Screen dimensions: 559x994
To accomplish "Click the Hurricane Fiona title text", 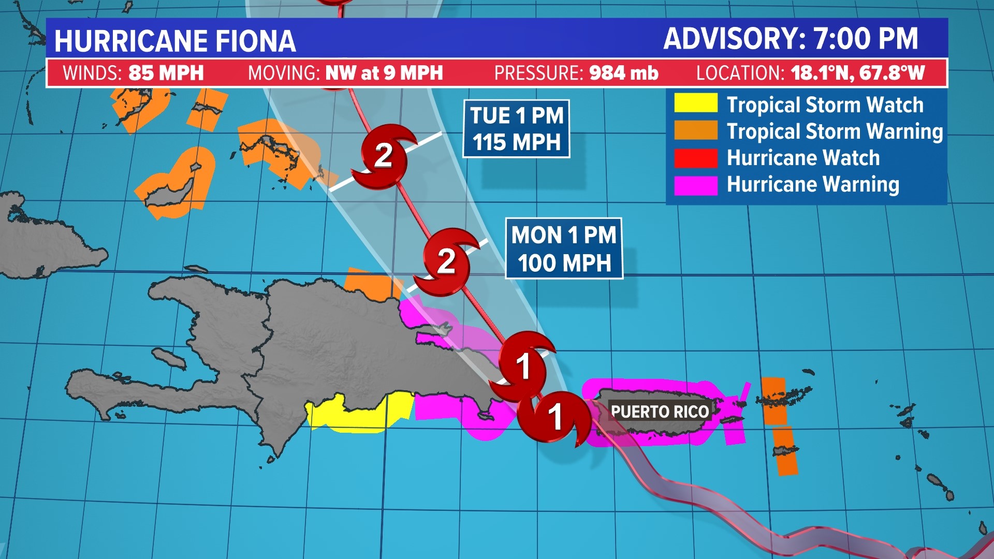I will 175,41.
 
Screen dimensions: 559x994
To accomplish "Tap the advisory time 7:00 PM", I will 866,39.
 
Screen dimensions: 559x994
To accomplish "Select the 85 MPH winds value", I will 166,73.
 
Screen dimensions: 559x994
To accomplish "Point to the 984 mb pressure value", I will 623,73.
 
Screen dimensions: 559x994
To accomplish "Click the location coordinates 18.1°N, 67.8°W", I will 858,73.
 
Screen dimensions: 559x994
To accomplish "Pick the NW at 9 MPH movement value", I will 384,73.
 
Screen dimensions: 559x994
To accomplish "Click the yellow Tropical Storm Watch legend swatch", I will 695,103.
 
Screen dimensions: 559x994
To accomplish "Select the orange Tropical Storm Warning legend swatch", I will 695,130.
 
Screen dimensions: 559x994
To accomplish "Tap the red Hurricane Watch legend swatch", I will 695,158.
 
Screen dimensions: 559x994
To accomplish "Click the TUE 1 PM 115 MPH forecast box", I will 516,129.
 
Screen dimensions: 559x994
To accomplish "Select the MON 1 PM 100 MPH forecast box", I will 564,248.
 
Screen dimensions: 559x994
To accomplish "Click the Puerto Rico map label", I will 660,412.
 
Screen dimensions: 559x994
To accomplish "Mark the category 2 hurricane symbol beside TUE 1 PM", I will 384,156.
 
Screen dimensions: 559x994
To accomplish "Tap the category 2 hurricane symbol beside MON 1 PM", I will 447,261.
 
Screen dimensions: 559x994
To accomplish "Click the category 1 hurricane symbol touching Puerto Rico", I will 555,417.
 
